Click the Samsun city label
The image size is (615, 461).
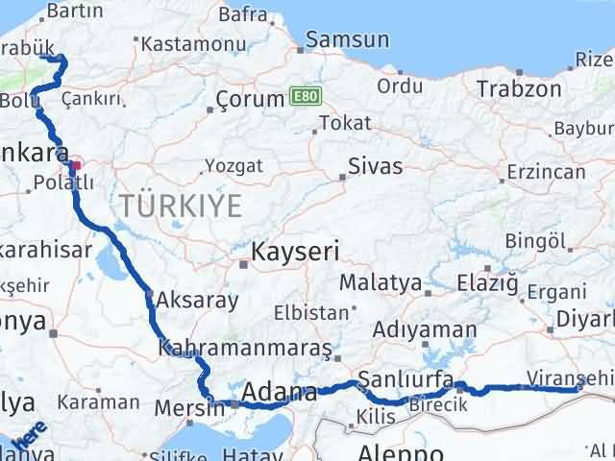coord(346,40)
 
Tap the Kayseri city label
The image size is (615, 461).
coord(295,253)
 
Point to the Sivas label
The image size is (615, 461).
coord(376,165)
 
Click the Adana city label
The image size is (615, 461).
coord(280,392)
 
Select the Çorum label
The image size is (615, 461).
coord(248,99)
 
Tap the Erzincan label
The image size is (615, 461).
coord(545,172)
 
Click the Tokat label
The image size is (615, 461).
coord(344,124)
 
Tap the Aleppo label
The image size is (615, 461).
coord(402,451)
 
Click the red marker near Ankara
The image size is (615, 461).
coord(76,151)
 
